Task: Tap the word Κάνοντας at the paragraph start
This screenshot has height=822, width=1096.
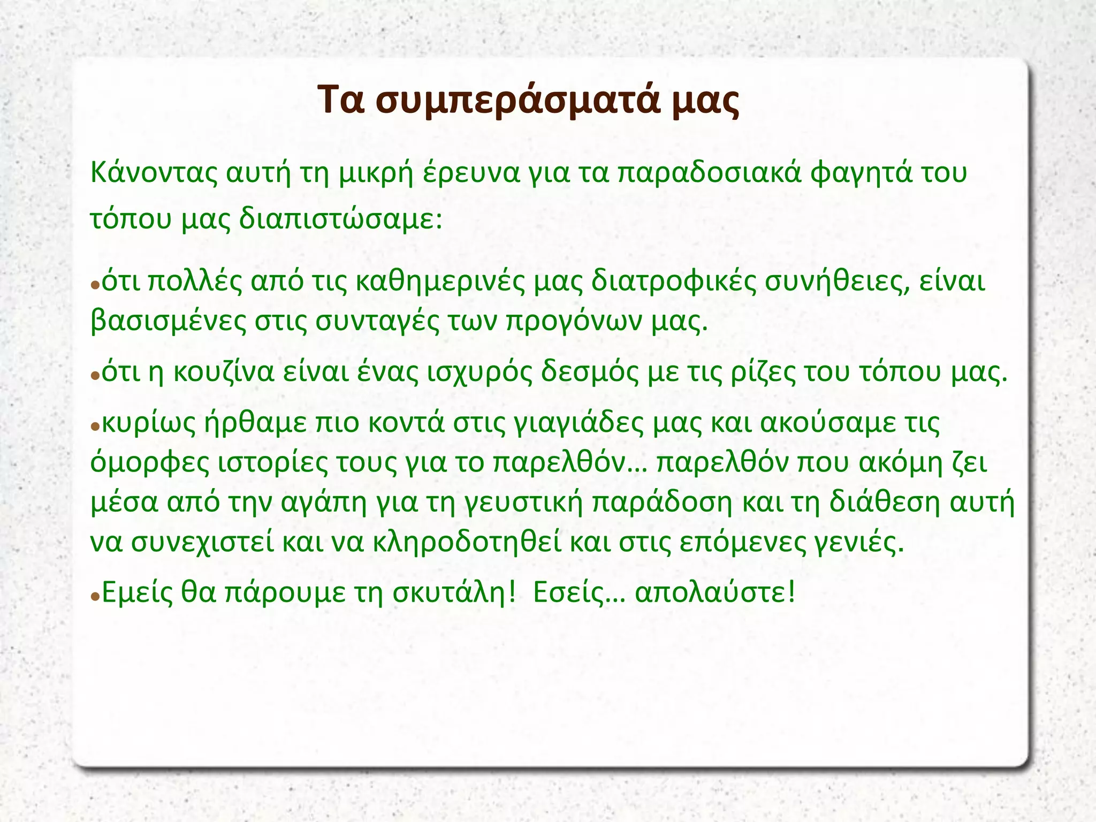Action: [x=154, y=173]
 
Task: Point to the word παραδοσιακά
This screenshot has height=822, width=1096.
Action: [x=710, y=173]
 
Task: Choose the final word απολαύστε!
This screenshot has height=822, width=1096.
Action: [x=715, y=592]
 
